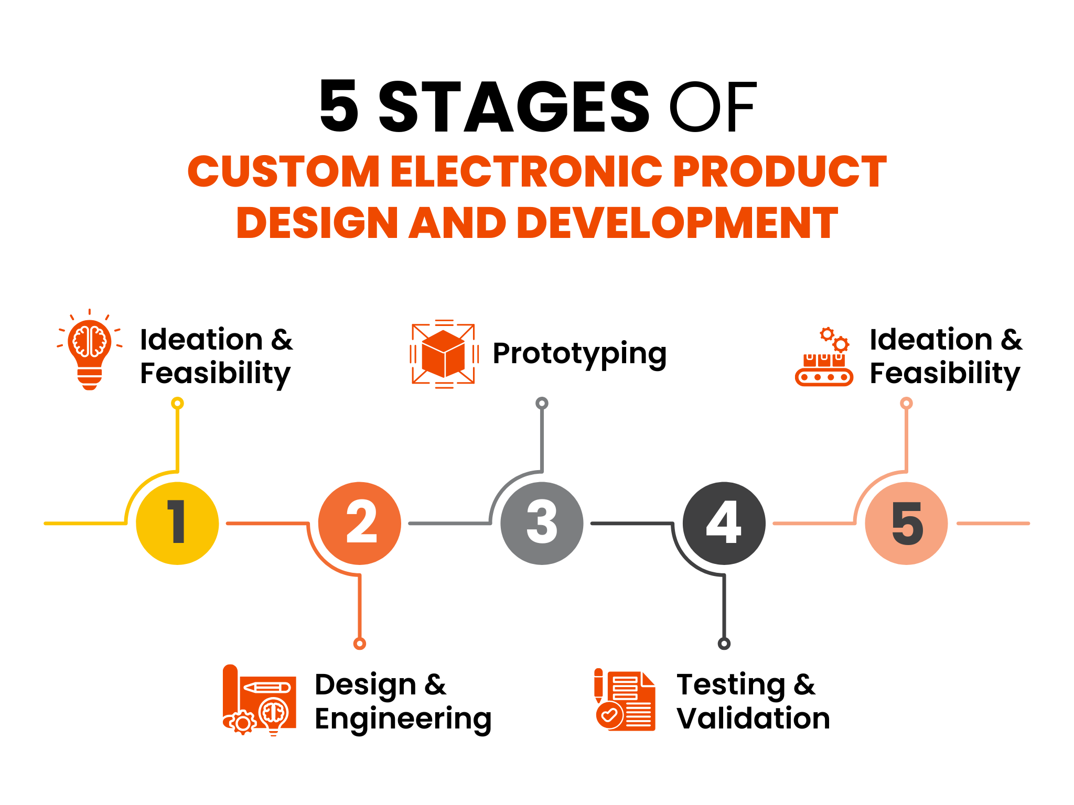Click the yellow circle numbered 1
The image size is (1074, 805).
pyautogui.click(x=177, y=523)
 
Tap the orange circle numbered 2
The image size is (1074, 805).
pyautogui.click(x=360, y=523)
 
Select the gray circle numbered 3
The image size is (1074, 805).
pyautogui.click(x=542, y=523)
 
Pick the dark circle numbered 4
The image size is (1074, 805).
pyautogui.click(x=724, y=523)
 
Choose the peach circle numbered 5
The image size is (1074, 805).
pyautogui.click(x=906, y=523)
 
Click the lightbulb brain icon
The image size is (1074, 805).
pyautogui.click(x=90, y=350)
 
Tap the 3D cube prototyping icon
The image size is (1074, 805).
pyautogui.click(x=444, y=354)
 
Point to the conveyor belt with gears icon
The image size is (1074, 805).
pyautogui.click(x=824, y=357)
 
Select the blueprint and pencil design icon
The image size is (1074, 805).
pyautogui.click(x=260, y=700)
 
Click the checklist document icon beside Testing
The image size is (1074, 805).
pyautogui.click(x=625, y=700)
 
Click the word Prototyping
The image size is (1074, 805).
pyautogui.click(x=579, y=354)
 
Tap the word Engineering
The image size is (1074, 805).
pyautogui.click(x=403, y=720)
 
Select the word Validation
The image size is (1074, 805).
pyautogui.click(x=753, y=718)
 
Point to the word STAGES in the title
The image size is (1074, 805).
pyautogui.click(x=514, y=107)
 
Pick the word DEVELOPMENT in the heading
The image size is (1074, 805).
pyautogui.click(x=677, y=223)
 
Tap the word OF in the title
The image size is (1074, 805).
pyautogui.click(x=712, y=107)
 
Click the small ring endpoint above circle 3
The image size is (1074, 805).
pyautogui.click(x=542, y=403)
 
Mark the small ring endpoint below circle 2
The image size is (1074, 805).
pyautogui.click(x=360, y=644)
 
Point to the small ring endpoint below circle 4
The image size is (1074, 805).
pyautogui.click(x=724, y=644)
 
